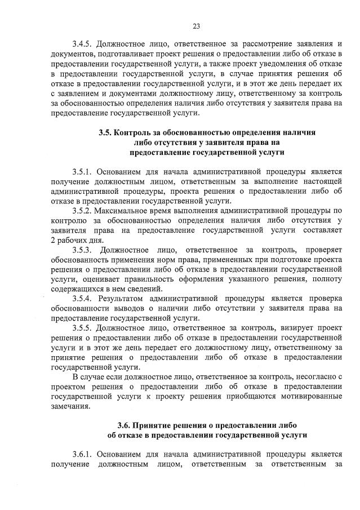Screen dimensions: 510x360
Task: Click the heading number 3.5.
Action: pyautogui.click(x=104, y=132)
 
